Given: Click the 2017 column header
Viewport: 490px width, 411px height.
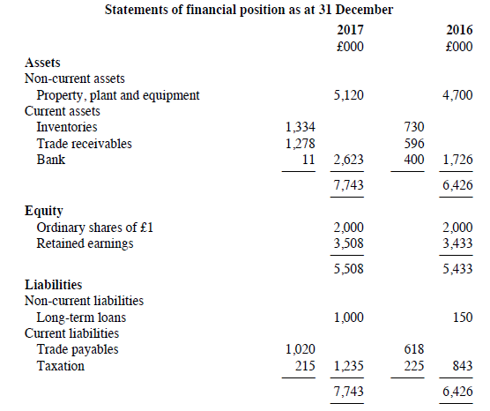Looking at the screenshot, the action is [350, 30].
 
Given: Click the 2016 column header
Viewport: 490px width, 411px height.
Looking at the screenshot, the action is [459, 30].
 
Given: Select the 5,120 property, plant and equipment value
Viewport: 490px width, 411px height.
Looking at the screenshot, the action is [348, 95].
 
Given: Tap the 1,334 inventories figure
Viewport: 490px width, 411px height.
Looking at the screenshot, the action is [300, 127].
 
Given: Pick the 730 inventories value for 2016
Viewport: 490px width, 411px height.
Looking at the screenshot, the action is [414, 127].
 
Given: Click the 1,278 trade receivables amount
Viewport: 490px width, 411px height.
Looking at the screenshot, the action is [300, 144].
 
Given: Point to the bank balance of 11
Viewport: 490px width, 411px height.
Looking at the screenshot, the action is [308, 160].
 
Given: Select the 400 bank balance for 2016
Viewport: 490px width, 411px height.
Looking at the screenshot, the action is [414, 160].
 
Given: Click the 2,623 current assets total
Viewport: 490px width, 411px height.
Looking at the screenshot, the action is [348, 160].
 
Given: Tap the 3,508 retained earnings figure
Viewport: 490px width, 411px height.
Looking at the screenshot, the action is [348, 243].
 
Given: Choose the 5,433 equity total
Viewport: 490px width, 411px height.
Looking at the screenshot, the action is [457, 269].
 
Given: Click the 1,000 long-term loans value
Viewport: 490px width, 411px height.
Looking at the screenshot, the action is [349, 318].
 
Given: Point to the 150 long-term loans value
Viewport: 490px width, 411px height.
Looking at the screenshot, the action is [463, 318].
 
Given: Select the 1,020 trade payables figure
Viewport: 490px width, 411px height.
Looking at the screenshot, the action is [301, 349].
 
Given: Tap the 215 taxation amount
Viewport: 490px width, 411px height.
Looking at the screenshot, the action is [305, 366].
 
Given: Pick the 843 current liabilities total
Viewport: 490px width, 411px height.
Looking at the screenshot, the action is [463, 366].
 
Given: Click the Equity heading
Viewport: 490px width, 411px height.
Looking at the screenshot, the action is [44, 211].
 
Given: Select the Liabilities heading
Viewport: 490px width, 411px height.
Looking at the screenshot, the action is [54, 285].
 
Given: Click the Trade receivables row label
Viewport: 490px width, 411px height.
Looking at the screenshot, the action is [85, 144].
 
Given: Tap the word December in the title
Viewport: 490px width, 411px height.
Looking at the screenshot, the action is [364, 10].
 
